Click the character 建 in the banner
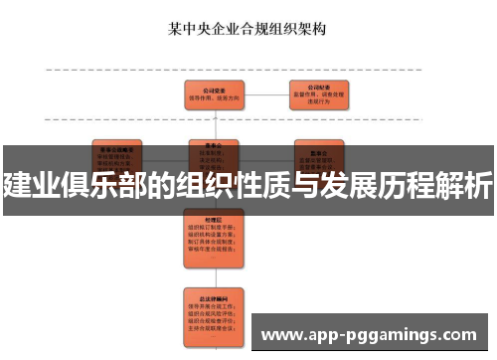coord(16,184)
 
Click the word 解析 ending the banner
coord(464,184)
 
